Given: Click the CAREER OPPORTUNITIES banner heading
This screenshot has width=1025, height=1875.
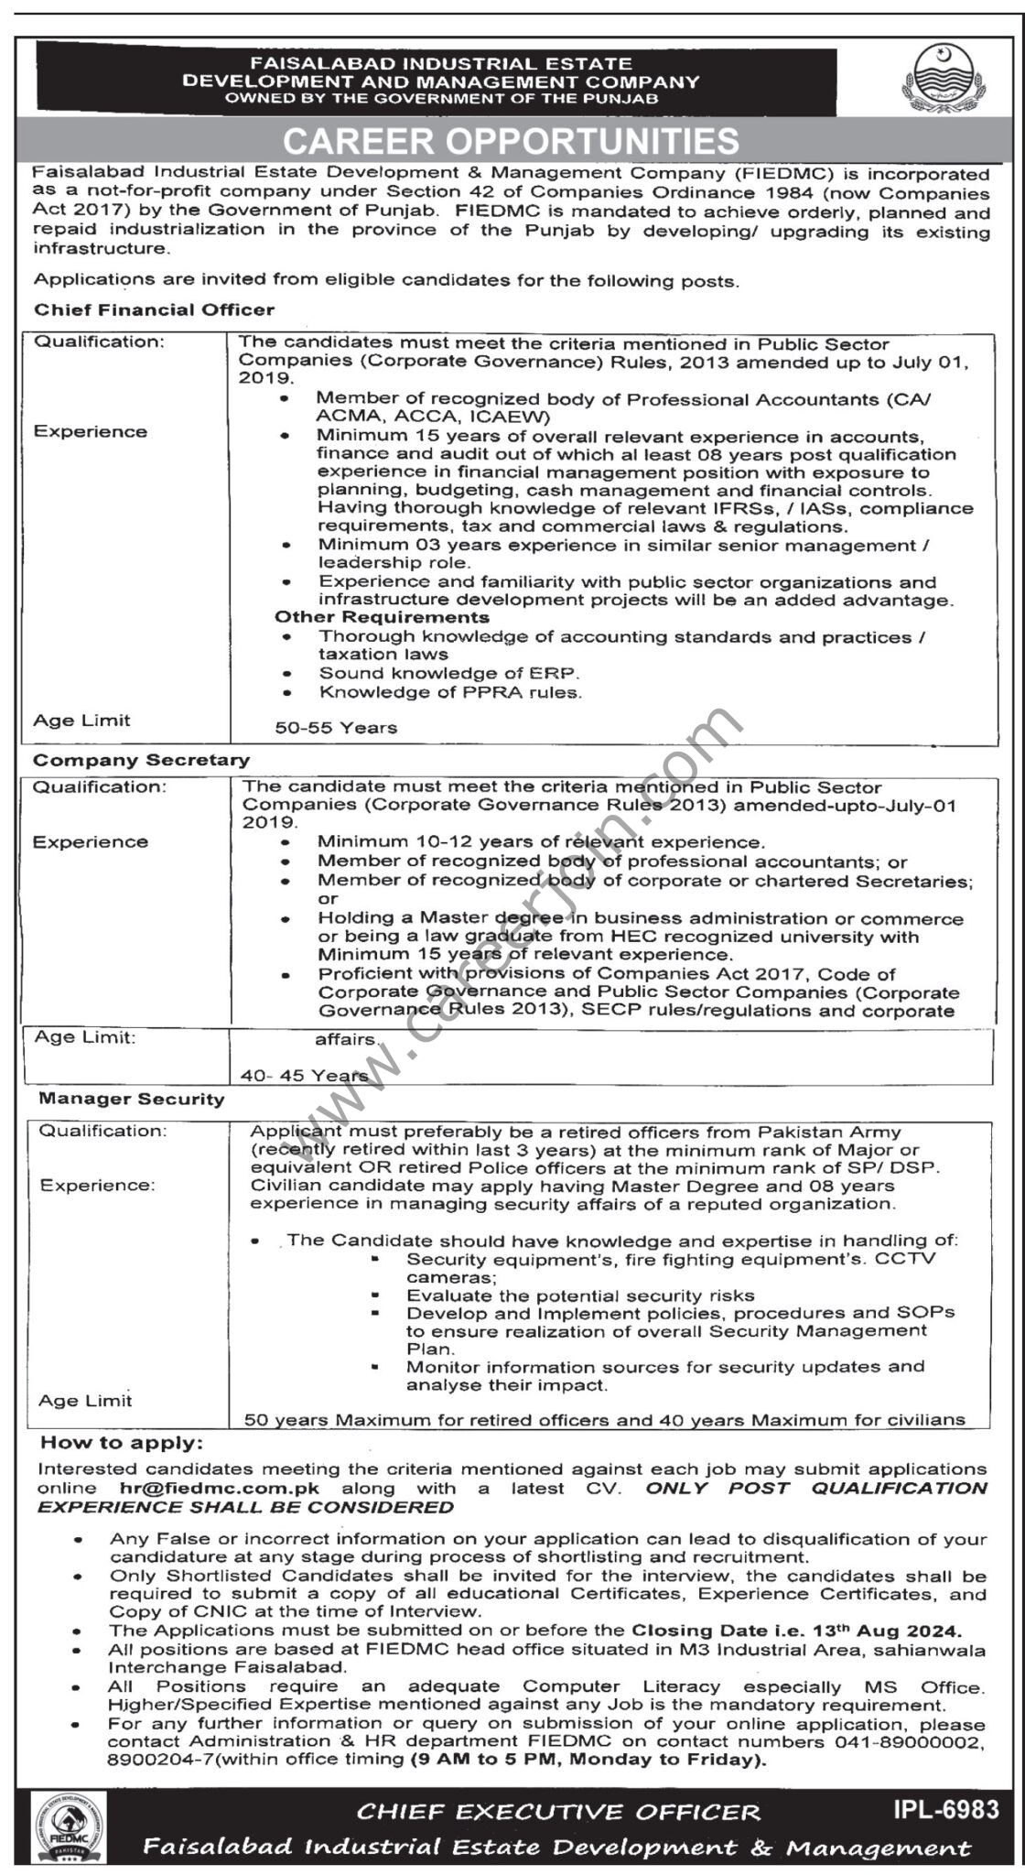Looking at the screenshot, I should tap(511, 141).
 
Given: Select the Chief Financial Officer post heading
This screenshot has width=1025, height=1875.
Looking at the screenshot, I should tap(154, 309).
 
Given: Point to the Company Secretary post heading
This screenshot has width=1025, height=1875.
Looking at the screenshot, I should tap(141, 760).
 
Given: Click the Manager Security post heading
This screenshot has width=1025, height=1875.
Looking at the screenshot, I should tap(131, 1099).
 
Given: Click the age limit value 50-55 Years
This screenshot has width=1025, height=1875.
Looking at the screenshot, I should tap(336, 728).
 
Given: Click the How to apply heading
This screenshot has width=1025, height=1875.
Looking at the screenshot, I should tap(120, 1444).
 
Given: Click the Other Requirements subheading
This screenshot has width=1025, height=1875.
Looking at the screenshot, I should tap(382, 618).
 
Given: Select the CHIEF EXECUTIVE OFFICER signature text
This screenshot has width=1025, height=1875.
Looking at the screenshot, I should tap(558, 1812).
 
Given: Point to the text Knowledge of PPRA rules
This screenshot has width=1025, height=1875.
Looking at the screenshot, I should tap(449, 693).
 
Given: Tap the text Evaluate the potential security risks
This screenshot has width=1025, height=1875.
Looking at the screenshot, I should tap(580, 1295).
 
